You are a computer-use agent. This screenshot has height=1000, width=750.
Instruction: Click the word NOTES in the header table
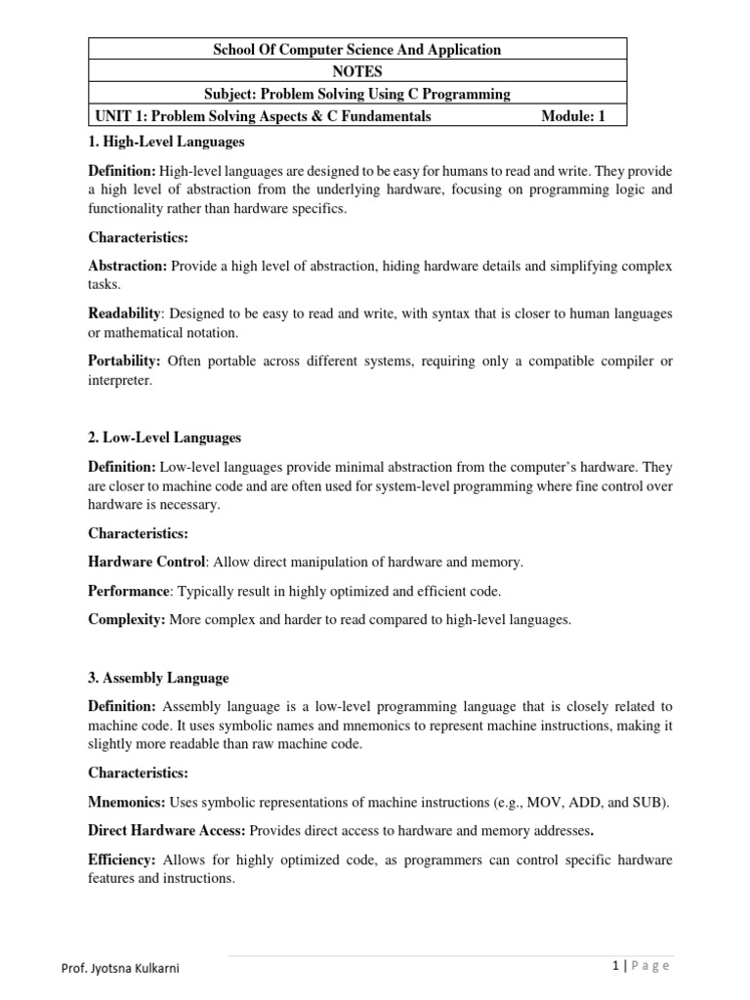(357, 71)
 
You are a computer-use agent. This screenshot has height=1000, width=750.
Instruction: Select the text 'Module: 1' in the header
(573, 116)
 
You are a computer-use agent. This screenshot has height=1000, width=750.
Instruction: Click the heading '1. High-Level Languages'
(166, 142)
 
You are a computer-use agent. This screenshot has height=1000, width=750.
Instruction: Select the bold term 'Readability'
(124, 313)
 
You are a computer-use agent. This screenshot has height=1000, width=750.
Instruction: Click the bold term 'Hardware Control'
(146, 562)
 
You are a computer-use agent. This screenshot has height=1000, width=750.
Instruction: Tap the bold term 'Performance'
(128, 591)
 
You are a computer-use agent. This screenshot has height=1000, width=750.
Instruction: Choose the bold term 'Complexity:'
(126, 619)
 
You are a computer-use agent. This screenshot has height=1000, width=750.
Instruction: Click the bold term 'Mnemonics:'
(128, 802)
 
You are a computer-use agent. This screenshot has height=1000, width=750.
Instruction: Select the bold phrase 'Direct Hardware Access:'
(167, 831)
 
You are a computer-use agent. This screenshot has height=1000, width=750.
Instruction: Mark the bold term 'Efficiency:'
(122, 859)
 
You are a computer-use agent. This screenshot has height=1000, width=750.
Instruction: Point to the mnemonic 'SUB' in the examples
(650, 802)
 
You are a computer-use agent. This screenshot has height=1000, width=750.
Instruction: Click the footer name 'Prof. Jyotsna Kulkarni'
(119, 968)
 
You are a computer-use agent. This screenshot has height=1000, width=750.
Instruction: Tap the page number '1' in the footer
(615, 966)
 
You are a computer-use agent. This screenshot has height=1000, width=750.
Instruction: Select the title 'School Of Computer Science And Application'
(357, 49)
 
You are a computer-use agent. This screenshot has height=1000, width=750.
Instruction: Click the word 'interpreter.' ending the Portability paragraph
(120, 381)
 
